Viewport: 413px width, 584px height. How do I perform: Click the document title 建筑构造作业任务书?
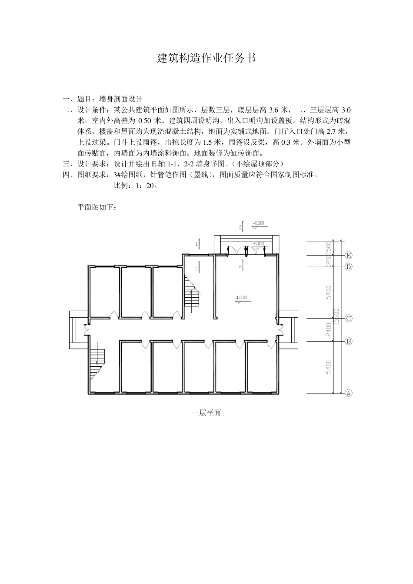206,58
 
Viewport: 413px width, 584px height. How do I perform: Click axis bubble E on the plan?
348,255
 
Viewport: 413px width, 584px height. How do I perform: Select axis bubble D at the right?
348,267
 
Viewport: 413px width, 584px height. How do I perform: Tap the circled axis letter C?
348,318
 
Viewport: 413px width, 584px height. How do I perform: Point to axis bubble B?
348,341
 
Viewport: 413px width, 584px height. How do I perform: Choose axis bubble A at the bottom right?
348,393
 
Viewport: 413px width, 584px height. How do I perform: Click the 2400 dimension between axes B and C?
329,329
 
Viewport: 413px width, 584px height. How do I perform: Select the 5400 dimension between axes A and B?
329,367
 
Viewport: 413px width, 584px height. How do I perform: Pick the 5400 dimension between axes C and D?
329,292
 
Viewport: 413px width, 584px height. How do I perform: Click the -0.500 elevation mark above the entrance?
258,223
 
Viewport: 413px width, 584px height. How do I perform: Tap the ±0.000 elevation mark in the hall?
242,297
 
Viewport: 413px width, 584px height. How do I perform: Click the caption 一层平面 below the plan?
206,413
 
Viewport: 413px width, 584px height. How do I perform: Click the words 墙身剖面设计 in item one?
121,99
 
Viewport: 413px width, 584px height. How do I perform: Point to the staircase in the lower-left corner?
98,362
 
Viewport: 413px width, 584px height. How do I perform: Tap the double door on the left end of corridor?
86,331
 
